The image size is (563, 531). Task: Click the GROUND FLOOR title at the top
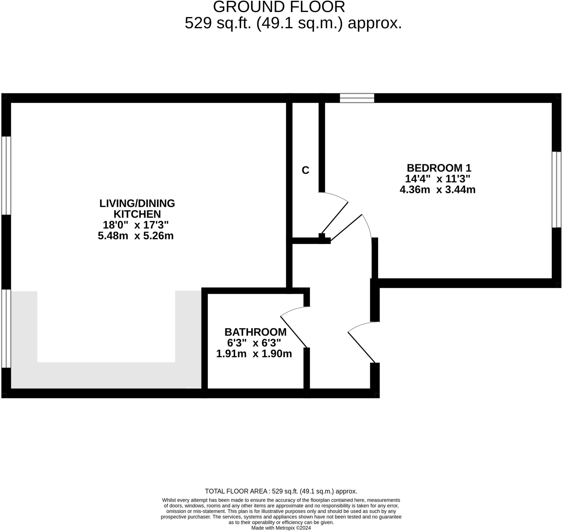coord(279,7)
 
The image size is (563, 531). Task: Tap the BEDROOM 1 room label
coord(439,168)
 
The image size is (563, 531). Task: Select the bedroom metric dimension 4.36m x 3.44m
coord(437,189)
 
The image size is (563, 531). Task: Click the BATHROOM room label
coord(255,332)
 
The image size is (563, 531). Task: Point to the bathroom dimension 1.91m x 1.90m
coord(254,354)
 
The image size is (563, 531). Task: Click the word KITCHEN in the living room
coord(137,214)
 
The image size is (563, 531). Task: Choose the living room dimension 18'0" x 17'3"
coord(136,225)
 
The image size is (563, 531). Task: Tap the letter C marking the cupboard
coord(305,170)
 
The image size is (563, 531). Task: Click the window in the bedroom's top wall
coord(357,98)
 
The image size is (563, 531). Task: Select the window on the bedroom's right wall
coord(556,189)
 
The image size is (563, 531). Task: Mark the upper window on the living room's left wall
coord(6,176)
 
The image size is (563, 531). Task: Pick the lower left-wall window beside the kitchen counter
coord(6,329)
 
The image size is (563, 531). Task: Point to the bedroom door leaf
coord(346,227)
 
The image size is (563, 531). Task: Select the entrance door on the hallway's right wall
coord(361,347)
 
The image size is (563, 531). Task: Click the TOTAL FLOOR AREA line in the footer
coord(281,491)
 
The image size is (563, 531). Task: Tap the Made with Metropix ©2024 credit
coord(281,528)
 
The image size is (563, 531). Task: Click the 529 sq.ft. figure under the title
coord(218,23)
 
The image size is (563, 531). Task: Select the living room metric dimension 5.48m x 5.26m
coord(136,236)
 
